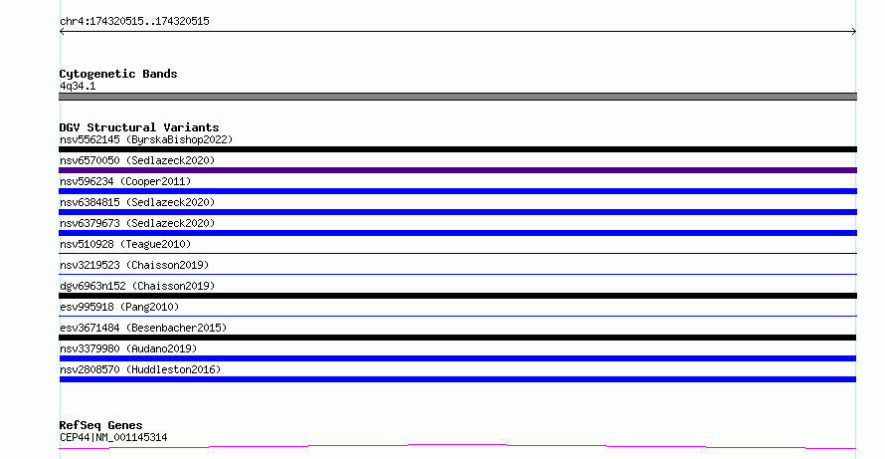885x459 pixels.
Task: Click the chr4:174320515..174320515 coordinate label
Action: [x=134, y=21]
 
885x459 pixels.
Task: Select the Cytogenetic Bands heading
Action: [x=118, y=74]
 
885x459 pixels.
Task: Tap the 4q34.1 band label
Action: [x=78, y=86]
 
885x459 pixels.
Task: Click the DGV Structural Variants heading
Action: [x=139, y=127]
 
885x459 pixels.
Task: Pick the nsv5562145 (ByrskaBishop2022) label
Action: [x=146, y=139]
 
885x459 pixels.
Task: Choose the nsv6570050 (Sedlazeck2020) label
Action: [x=137, y=160]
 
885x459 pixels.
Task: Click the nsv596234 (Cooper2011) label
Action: [x=125, y=181]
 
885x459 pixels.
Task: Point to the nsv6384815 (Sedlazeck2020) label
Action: [x=137, y=202]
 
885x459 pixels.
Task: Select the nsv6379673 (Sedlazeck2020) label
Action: [x=137, y=223]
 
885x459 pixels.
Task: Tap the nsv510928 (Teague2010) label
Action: [x=125, y=244]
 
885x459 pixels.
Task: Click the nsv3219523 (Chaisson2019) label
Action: [x=134, y=265]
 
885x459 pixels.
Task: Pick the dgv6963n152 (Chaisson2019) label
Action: [x=137, y=286]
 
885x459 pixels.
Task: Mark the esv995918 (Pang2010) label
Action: [x=119, y=307]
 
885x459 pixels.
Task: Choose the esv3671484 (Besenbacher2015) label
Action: [x=143, y=328]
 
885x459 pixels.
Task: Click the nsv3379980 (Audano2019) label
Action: [x=128, y=348]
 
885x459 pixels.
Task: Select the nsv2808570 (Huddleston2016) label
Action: [x=140, y=369]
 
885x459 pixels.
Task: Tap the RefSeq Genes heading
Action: [x=100, y=425]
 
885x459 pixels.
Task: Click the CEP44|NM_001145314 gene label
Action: [x=113, y=437]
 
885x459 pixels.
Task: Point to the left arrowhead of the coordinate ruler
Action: [x=61, y=32]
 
